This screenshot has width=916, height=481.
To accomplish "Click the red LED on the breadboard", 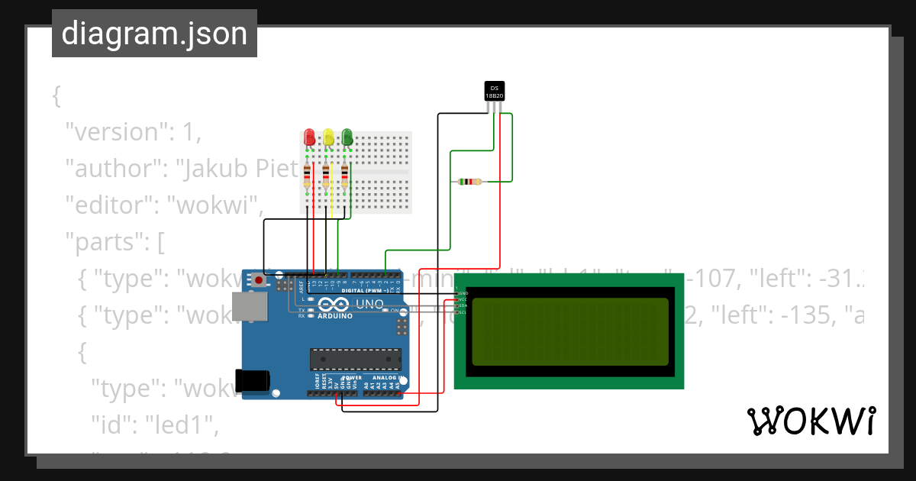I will tap(309, 137).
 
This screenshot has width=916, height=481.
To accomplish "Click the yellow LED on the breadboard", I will tap(328, 137).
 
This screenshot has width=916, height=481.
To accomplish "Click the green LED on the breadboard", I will tap(347, 137).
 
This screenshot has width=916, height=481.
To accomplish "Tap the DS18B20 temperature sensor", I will tap(495, 91).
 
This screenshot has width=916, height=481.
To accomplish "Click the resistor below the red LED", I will tap(308, 176).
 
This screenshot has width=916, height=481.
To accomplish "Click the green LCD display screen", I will tap(569, 332).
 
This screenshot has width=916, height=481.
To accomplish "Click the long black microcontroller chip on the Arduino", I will tap(355, 359).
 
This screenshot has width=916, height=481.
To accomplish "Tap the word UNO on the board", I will tap(371, 304).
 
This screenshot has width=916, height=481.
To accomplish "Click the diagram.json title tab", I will tap(154, 34).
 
